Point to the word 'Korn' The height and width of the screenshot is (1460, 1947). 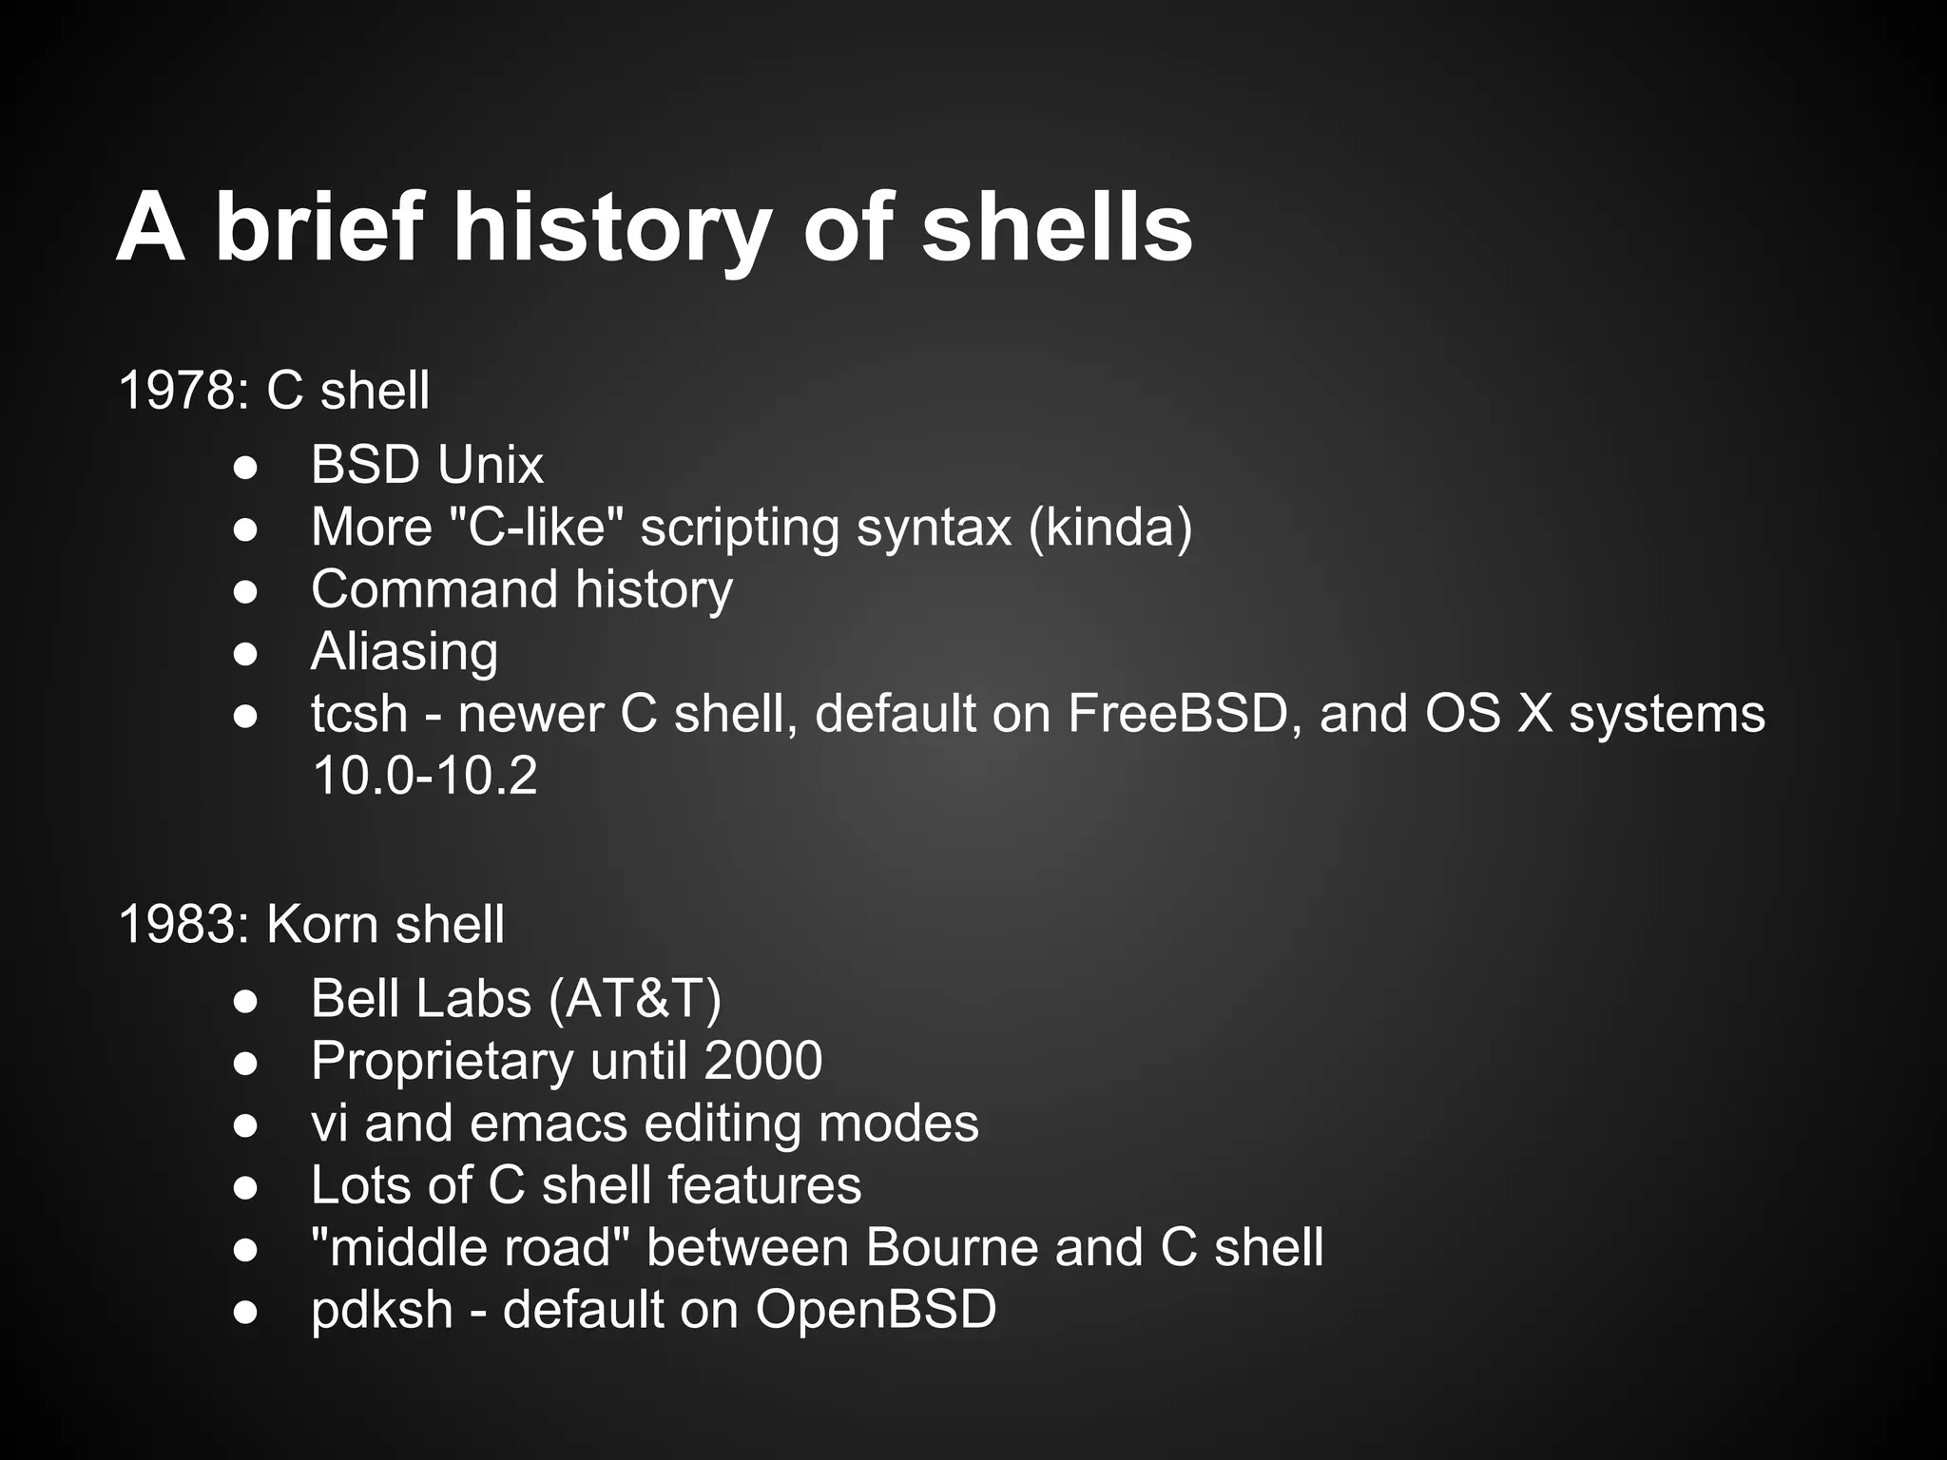click(321, 924)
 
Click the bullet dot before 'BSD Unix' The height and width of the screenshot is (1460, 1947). click(245, 467)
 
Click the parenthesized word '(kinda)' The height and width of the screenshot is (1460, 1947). click(1109, 527)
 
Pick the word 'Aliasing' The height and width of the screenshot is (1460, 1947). click(404, 651)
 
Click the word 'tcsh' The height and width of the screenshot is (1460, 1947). click(358, 714)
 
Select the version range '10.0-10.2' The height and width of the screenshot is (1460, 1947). click(424, 776)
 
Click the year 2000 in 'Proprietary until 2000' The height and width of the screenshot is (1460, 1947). click(762, 1061)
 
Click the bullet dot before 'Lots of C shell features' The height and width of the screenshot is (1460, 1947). click(245, 1187)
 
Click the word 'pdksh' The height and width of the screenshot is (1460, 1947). click(381, 1310)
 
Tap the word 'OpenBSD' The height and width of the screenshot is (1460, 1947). click(876, 1310)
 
